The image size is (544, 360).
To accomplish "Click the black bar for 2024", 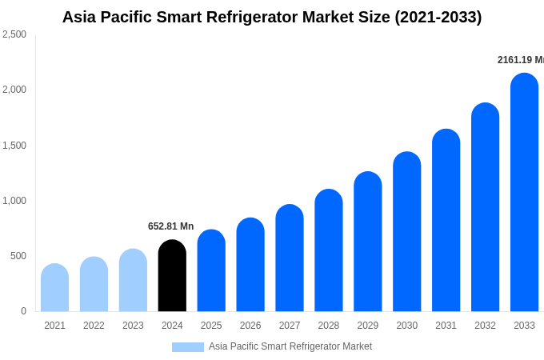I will pos(172,276).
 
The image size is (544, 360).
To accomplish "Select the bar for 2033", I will pos(524,192).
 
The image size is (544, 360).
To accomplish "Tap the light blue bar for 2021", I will pos(54,288).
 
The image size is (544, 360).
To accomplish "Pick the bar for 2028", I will pos(329,250).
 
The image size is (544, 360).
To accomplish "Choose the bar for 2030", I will pos(406,232).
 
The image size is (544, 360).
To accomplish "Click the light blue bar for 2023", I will pos(133,280).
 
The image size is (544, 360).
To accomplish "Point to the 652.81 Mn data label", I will pos(170,226).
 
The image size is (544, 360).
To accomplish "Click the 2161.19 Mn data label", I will pos(520,60).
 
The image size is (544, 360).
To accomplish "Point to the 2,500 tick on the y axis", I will pos(14,34).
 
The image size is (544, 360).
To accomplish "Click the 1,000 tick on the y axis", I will pos(14,201).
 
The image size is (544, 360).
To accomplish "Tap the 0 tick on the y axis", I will pos(23,311).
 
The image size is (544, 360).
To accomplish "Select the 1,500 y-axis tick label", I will pos(14,146).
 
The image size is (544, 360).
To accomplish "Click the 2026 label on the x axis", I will pos(250,326).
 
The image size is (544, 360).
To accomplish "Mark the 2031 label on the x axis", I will pos(446,326).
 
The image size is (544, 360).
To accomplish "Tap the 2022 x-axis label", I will pos(94,326).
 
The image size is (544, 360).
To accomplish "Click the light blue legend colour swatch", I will pos(187,347).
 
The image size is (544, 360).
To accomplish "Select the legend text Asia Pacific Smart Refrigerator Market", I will pos(290,346).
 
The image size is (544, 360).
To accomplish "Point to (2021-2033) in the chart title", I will pos(438,17).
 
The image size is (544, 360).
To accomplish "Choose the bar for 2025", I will pos(211,270).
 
